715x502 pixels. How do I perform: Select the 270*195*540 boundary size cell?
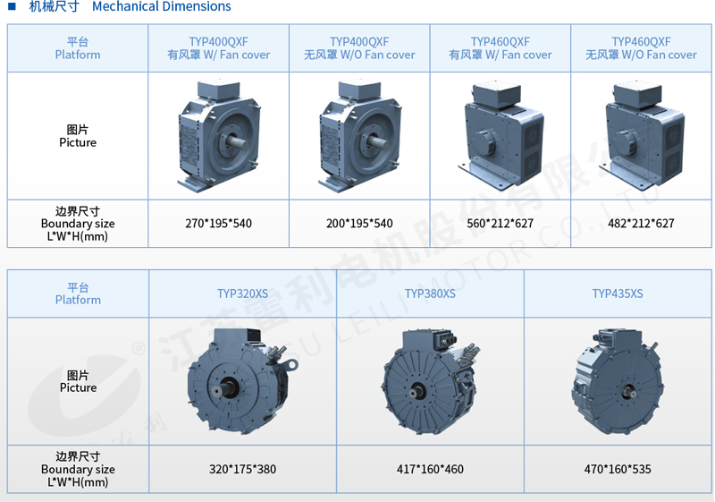[x=218, y=224]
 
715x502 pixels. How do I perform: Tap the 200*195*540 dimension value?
[x=359, y=224]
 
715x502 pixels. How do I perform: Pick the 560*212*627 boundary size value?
[x=500, y=224]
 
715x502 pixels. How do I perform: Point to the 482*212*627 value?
[x=641, y=224]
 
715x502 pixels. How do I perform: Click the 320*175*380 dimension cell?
[x=242, y=469]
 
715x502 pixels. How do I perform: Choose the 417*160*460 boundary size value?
[x=430, y=469]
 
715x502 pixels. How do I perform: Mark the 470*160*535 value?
[x=618, y=469]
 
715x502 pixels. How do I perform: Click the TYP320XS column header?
[x=242, y=294]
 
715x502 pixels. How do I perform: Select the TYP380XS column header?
[x=430, y=294]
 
